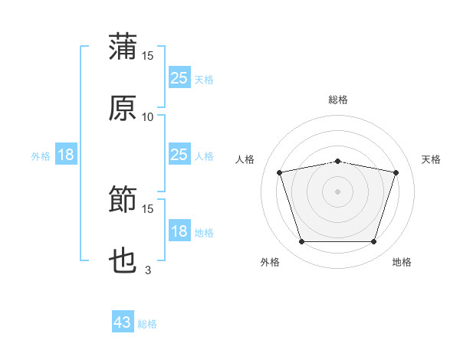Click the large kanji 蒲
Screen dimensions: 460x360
123,46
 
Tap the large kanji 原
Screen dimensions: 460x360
123,108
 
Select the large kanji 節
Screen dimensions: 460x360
123,198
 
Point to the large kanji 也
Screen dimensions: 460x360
123,260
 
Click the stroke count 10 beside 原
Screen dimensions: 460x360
147,117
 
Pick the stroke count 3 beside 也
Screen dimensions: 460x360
148,270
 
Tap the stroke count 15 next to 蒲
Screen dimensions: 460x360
147,56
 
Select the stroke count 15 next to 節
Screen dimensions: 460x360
147,209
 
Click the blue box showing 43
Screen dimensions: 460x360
123,321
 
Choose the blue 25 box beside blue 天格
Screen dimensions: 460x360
179,77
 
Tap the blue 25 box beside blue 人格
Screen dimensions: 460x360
179,154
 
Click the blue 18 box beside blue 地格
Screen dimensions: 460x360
179,230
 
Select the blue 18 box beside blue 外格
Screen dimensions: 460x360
66,154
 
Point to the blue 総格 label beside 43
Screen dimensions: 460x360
147,324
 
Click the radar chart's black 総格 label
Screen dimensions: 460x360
338,100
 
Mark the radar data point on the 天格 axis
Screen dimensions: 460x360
396,172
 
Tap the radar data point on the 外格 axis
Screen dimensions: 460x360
302,241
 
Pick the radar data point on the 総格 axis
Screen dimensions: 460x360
338,162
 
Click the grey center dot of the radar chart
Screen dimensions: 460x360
337,191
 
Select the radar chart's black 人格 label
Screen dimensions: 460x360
245,159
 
